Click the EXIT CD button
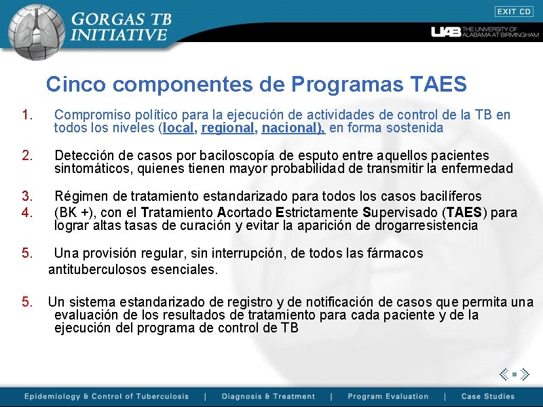coord(514,12)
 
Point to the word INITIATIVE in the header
coord(119,35)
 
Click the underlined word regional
coord(226,128)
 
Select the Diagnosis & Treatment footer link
coord(268,396)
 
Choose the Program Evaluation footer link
coord(388,396)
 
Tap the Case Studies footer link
coord(487,396)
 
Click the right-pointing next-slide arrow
coord(525,374)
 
